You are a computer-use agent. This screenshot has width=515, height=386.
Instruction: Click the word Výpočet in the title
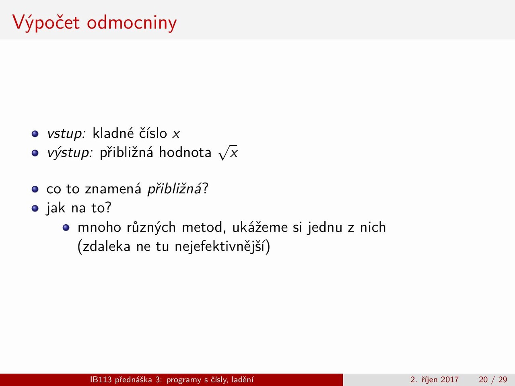tap(46, 23)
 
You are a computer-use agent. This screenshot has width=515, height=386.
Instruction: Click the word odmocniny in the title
tap(132, 23)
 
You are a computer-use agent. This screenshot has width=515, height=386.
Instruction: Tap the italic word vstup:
tap(66, 133)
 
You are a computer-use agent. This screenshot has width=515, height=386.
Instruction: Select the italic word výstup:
tap(70, 152)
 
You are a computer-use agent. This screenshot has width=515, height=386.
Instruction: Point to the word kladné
tap(113, 133)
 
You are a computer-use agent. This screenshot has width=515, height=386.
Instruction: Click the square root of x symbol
tap(228, 152)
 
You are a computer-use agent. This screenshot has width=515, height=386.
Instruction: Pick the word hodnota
tap(185, 152)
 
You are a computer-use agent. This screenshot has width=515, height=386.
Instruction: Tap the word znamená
tap(113, 189)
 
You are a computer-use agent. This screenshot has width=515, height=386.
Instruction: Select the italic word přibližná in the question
tap(174, 189)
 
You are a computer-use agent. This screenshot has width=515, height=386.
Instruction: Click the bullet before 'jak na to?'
tap(35, 208)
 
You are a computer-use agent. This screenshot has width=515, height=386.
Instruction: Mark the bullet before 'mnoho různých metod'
tap(66, 228)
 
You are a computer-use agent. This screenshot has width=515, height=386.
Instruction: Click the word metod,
tap(202, 227)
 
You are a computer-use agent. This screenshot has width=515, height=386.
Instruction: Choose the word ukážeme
tap(260, 227)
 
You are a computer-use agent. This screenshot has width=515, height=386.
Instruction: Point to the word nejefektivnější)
tap(222, 246)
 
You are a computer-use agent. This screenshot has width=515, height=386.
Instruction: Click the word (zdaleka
tap(104, 246)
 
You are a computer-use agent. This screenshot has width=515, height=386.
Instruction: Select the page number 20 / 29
tap(493, 380)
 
